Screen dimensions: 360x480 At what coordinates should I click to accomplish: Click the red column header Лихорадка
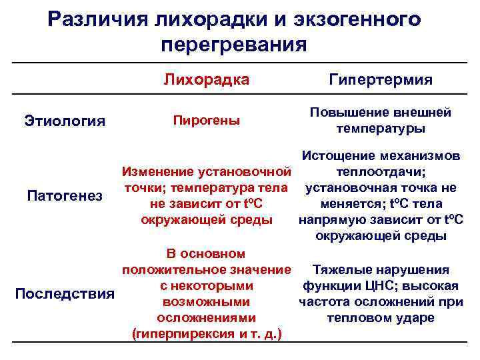coord(207,80)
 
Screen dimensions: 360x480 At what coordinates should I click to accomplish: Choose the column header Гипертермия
coord(381,80)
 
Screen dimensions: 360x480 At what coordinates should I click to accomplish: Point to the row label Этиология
coord(65,121)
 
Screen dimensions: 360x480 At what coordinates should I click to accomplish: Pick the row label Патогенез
coord(64,196)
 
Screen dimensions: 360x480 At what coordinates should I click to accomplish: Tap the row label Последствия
coord(65,294)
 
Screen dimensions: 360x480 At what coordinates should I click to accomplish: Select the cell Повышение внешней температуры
coord(381,121)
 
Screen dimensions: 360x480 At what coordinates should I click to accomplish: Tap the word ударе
coord(417,318)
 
